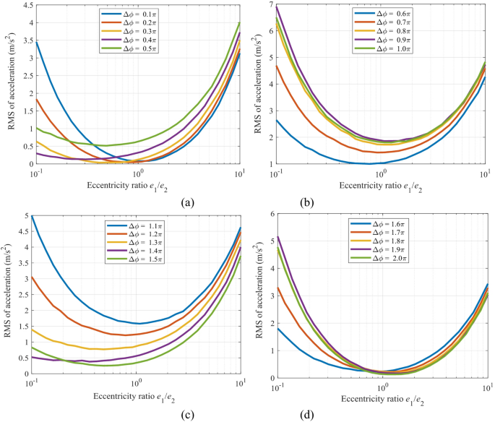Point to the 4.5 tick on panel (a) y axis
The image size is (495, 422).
point(22,6)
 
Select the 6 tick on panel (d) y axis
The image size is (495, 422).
point(268,214)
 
